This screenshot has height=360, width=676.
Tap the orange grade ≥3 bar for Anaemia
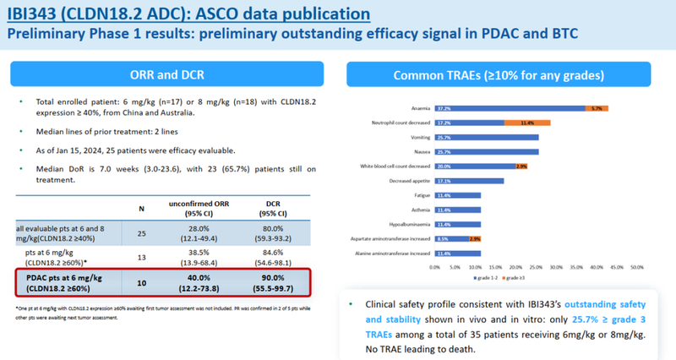(x=597, y=108)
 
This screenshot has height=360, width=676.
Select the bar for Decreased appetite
(x=470, y=180)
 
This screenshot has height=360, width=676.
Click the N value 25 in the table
(x=141, y=232)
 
